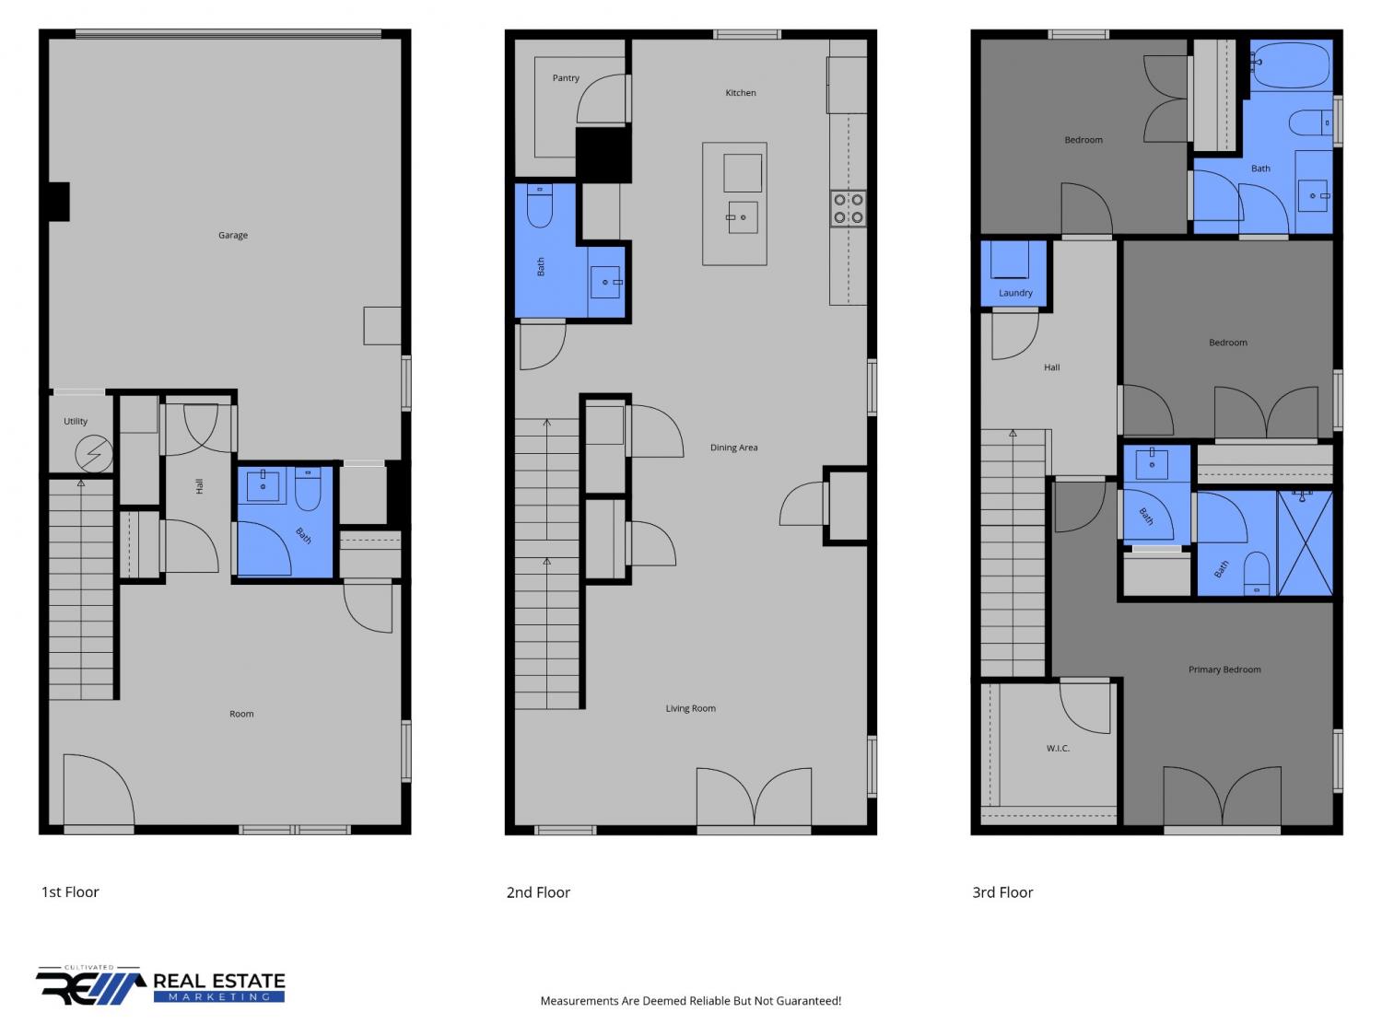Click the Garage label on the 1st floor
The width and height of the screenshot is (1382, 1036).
tap(233, 235)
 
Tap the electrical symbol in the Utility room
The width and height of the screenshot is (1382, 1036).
tap(94, 453)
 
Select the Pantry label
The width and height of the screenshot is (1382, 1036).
tap(566, 78)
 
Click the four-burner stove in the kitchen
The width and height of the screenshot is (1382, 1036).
tap(849, 209)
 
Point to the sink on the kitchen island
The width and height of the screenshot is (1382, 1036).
tap(743, 217)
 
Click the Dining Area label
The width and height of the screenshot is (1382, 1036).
tap(733, 448)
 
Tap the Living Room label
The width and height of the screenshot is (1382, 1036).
tap(691, 708)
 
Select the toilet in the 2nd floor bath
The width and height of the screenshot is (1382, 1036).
tap(540, 205)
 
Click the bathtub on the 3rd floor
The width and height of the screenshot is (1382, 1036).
tap(1290, 64)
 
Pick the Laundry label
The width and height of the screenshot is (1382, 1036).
tap(1015, 293)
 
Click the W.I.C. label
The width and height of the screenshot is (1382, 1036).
tap(1058, 749)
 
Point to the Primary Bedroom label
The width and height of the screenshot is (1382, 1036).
tap(1224, 669)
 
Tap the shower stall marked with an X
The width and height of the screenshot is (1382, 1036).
tap(1305, 543)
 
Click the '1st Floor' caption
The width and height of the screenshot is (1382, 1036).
tap(70, 892)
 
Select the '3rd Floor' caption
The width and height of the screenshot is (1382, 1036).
tap(1002, 892)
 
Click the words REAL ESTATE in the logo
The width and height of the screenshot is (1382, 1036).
tap(219, 982)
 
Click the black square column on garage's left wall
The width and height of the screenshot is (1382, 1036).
tap(59, 202)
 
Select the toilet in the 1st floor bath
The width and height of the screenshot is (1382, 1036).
tap(308, 488)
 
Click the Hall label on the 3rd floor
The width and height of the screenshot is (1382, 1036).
tap(1051, 367)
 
